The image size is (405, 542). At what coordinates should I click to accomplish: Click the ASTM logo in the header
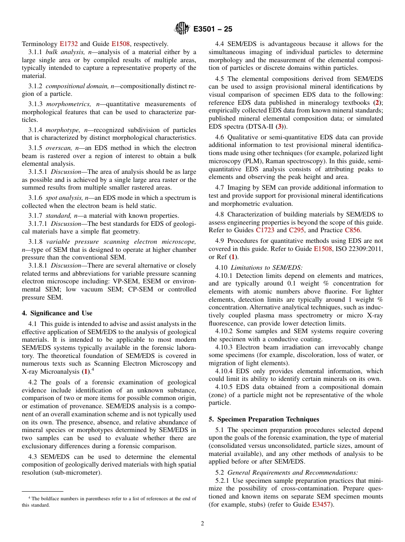[x=182, y=29]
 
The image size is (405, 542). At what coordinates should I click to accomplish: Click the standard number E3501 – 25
[x=213, y=29]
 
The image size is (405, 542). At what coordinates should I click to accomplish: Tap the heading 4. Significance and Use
[x=57, y=313]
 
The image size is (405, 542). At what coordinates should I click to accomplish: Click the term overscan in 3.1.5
[x=59, y=148]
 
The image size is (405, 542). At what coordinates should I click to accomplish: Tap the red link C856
[x=352, y=230]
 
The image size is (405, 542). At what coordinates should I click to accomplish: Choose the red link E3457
[x=321, y=505]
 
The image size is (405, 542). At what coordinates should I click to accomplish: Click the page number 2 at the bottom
[x=202, y=524]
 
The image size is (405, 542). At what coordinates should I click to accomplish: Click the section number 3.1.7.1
[x=38, y=224]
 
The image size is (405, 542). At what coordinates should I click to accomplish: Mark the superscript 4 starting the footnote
[x=29, y=498]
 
